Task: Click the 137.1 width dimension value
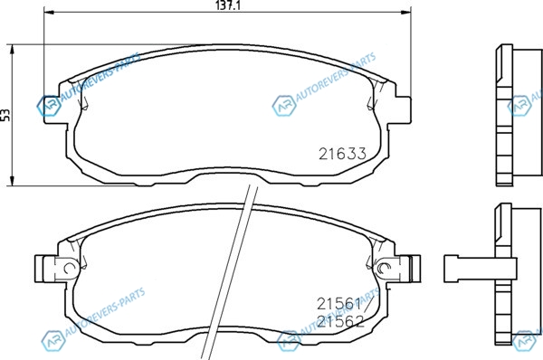227,5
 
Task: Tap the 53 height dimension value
5,115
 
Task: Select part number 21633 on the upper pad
342,154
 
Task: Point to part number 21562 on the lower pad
341,322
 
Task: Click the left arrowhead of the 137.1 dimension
49,13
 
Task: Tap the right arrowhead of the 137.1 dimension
405,13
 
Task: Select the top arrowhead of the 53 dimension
13,50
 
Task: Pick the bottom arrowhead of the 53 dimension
13,180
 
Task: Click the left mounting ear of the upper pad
52,109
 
